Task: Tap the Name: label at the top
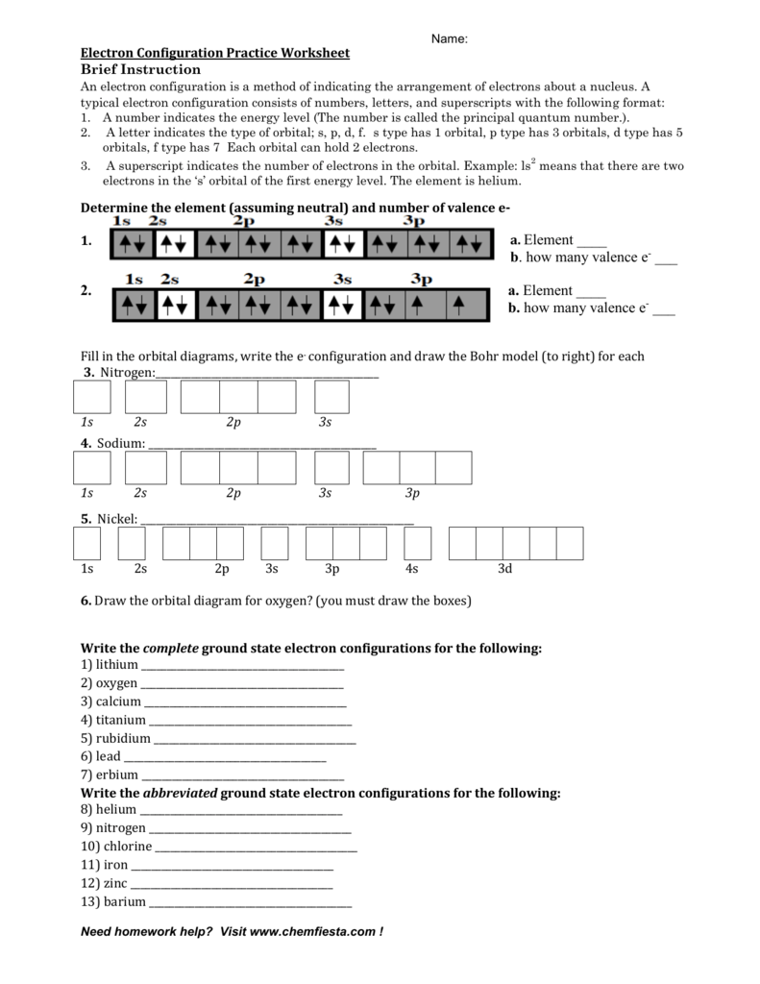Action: click(x=449, y=38)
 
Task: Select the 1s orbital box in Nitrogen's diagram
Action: click(x=92, y=397)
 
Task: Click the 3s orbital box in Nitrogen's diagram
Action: click(x=331, y=397)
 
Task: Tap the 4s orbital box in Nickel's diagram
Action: click(x=418, y=544)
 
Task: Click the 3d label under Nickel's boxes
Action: click(x=504, y=569)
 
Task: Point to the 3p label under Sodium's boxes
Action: click(x=412, y=493)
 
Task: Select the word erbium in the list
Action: click(x=115, y=774)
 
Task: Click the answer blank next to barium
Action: click(x=251, y=903)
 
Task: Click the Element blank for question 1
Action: click(x=592, y=242)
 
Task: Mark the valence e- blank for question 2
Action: click(x=664, y=309)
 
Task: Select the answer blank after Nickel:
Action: click(x=278, y=520)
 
